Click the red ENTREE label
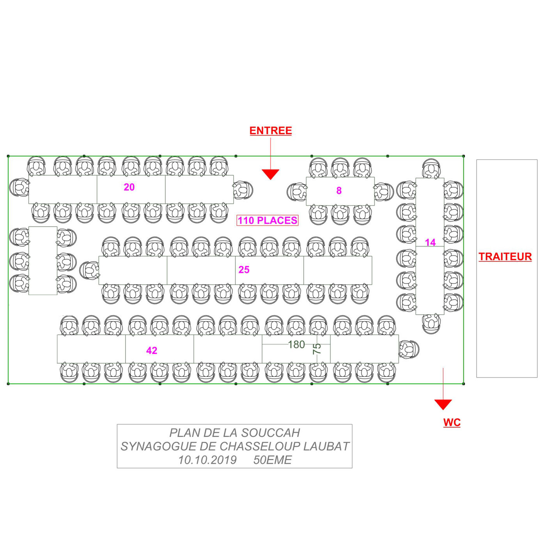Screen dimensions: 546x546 coord(270,131)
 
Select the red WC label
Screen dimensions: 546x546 coord(452,422)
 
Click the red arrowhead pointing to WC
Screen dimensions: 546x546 coord(443,404)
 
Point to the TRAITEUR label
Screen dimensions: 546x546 coord(505,257)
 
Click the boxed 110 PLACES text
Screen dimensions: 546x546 coord(268,220)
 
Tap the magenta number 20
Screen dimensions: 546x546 coord(129,187)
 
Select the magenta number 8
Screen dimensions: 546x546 coord(339,190)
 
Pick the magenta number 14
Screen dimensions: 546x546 coord(430,242)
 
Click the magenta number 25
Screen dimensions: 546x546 coord(244,269)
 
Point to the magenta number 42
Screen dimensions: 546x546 coord(152,351)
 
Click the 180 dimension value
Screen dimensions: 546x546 coord(296,344)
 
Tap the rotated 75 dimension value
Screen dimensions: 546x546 coord(317,349)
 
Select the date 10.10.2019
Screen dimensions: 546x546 coord(207,460)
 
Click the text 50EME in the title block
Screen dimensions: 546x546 coord(272,460)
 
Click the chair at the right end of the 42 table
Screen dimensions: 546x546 coord(409,349)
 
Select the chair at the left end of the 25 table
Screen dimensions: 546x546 coord(89,270)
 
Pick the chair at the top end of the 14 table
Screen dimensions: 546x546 coord(431,168)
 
